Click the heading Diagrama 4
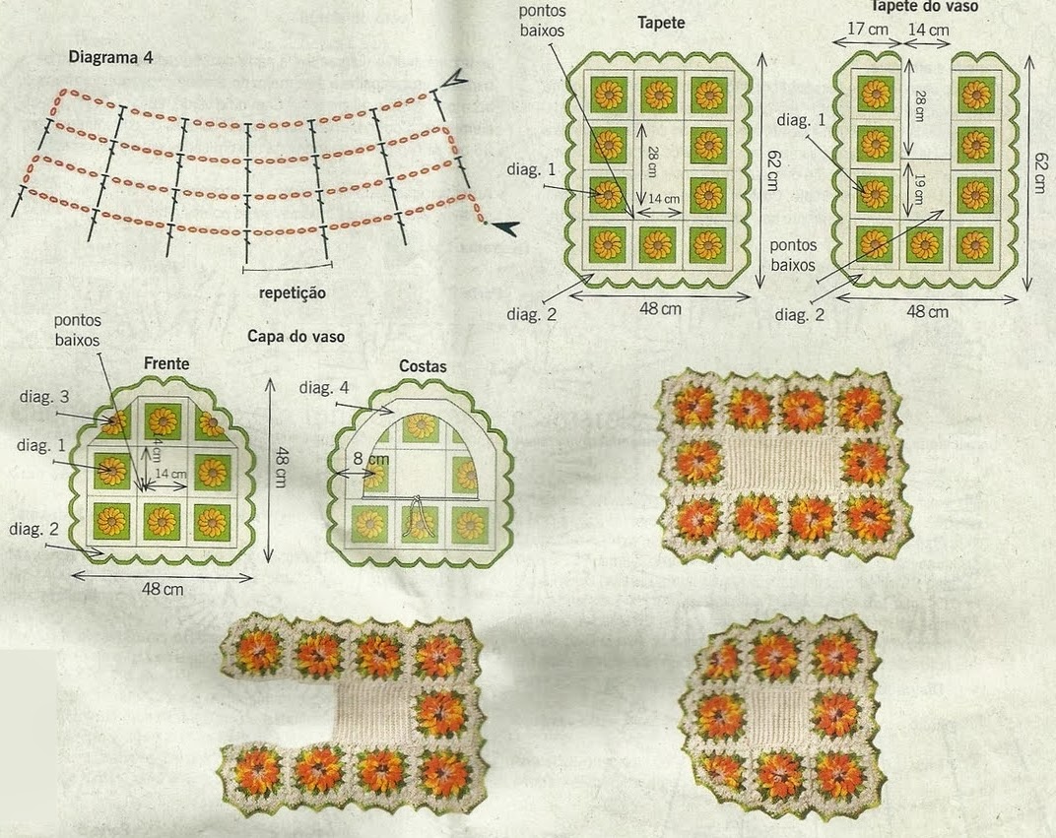tap(110, 56)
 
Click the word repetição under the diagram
tap(292, 292)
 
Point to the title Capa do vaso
tap(296, 337)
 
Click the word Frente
tap(166, 363)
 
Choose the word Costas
tap(423, 366)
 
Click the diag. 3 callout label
tap(43, 397)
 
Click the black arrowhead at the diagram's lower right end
tap(505, 228)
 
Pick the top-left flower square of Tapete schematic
tap(608, 96)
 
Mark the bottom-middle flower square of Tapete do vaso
tap(924, 244)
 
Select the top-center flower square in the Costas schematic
tap(421, 426)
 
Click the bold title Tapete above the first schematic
tap(661, 21)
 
